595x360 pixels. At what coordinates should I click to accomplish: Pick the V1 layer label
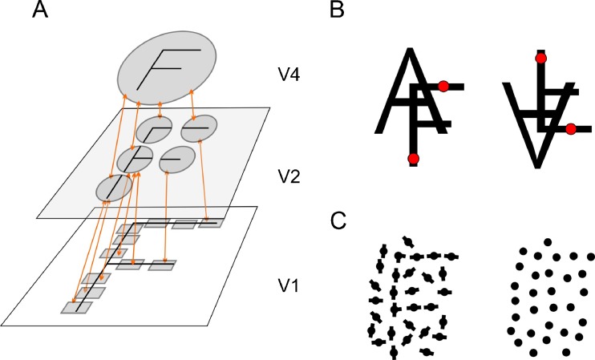tap(281, 283)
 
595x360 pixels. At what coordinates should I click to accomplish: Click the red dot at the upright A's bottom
tap(413, 159)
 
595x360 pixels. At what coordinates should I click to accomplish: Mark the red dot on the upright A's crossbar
tap(443, 86)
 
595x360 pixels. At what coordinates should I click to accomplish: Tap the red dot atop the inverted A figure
tap(541, 58)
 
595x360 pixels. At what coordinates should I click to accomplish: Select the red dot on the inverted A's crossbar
tap(570, 128)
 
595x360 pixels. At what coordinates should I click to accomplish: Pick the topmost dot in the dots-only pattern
tap(548, 241)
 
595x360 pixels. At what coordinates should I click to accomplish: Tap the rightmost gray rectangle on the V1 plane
tap(209, 222)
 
